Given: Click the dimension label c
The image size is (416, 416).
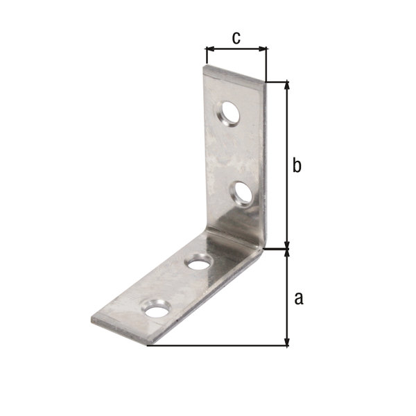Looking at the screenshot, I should click(236, 38).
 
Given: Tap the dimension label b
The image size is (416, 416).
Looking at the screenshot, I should click(297, 166).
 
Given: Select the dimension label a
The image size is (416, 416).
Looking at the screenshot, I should click(299, 298).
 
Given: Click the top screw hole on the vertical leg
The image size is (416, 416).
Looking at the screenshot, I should click(228, 114).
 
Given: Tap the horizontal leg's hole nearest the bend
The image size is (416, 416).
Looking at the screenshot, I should click(199, 263).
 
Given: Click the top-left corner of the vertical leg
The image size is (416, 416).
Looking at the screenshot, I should click(205, 67).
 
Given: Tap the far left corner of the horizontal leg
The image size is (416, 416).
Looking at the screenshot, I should click(92, 320).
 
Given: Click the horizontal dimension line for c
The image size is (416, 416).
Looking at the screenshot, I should click(236, 49).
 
